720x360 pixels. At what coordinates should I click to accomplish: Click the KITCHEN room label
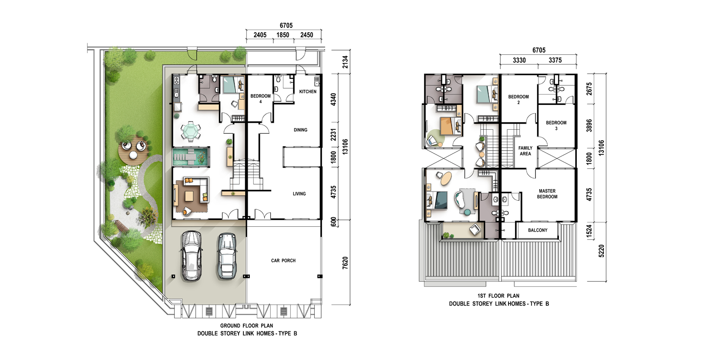[308, 91]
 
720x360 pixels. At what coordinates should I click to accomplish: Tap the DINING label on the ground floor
[300, 130]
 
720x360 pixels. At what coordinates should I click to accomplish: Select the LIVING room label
[299, 194]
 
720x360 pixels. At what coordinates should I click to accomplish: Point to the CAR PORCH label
[283, 260]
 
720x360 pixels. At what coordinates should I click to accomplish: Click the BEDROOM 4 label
[260, 99]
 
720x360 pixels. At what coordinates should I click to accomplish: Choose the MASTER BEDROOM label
[547, 194]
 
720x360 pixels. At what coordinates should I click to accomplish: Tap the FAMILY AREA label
[525, 151]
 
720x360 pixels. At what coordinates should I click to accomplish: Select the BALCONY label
[538, 230]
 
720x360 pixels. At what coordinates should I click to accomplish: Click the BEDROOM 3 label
[556, 125]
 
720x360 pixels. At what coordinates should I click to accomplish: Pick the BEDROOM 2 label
[518, 99]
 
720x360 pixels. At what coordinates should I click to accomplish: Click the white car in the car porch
[192, 256]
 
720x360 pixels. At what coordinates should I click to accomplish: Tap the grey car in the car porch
[227, 256]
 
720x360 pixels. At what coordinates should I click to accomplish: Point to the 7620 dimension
[345, 262]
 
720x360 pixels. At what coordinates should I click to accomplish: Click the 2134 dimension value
[345, 62]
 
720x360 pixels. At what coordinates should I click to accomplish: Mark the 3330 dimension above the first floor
[519, 61]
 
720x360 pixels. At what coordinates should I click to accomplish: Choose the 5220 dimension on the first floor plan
[601, 251]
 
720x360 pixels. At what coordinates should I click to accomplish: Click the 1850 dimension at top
[283, 35]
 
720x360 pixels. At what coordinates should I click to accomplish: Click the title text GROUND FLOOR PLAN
[246, 326]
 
